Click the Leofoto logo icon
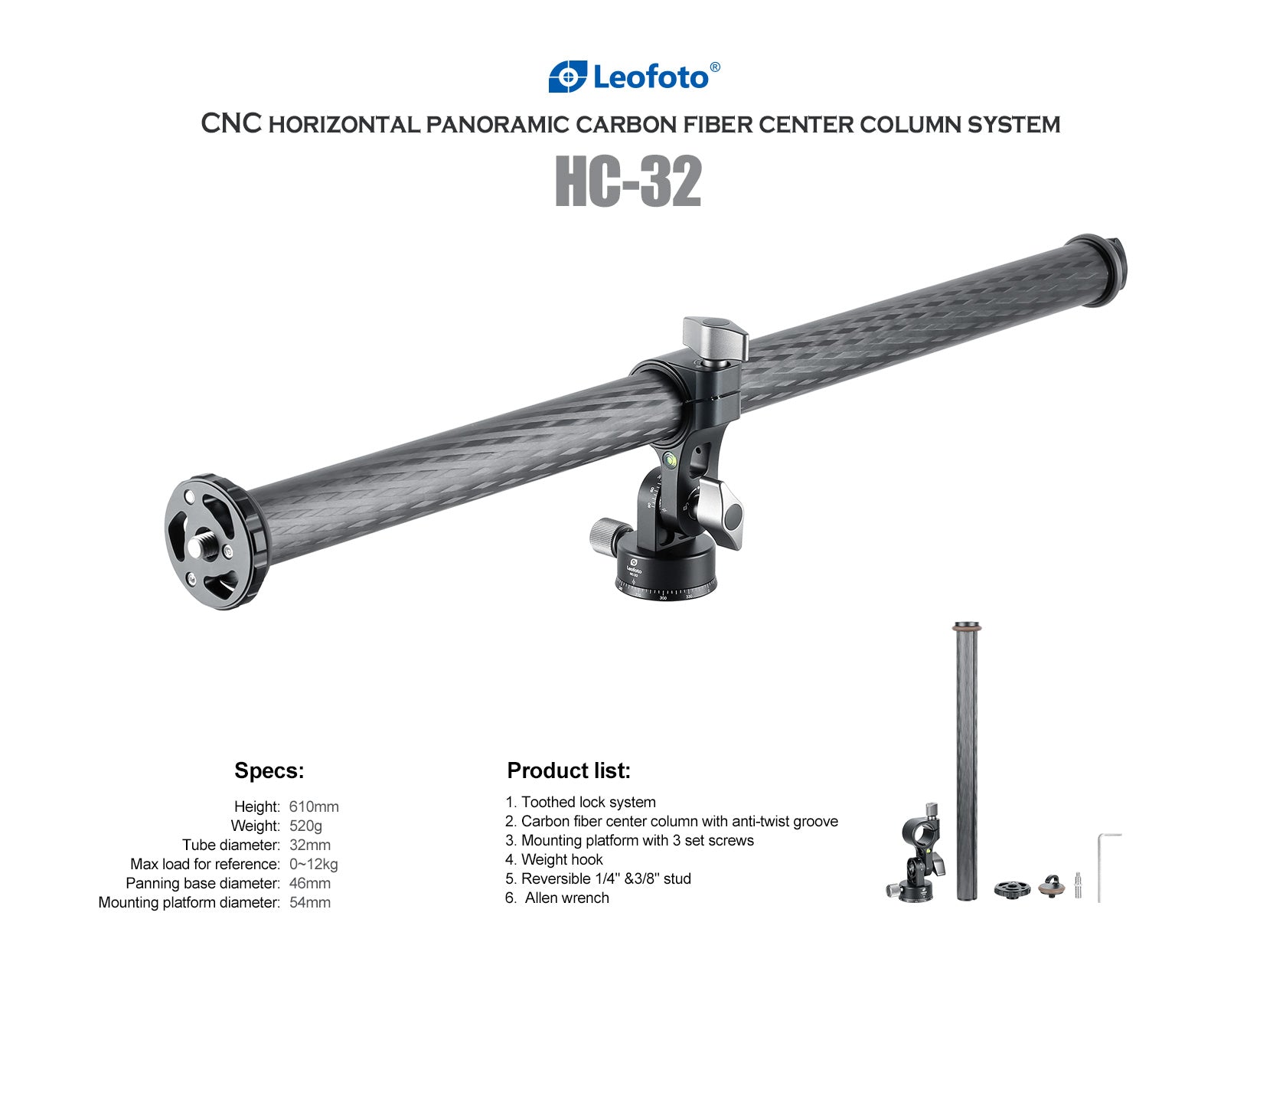[567, 77]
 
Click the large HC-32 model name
[628, 182]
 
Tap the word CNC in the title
[232, 123]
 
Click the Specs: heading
[269, 770]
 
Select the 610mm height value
[313, 806]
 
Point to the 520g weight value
[305, 826]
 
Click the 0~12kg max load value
[313, 864]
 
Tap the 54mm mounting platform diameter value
[309, 902]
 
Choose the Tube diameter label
[230, 845]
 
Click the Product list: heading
[569, 770]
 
